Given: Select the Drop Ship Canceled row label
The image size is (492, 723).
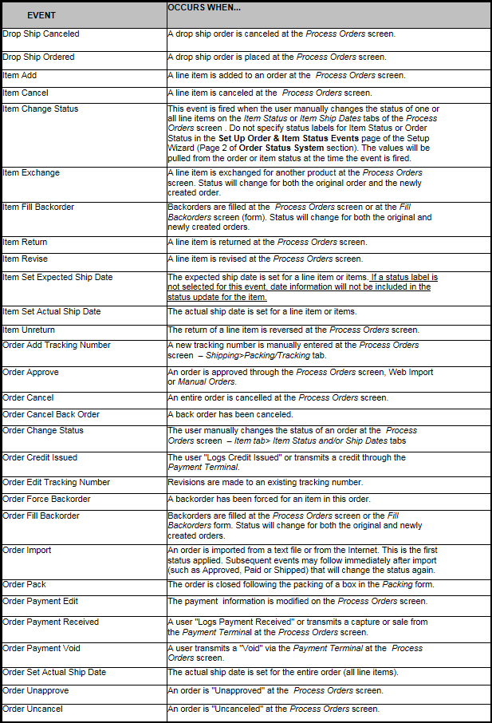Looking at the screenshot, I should click(x=41, y=34).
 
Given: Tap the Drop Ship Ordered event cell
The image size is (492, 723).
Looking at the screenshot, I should click(x=38, y=57).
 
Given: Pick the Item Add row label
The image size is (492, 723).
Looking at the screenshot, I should click(x=22, y=75).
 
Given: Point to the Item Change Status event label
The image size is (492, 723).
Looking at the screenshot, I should click(x=40, y=109).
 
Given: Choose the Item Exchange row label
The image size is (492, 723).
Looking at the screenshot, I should click(x=31, y=173).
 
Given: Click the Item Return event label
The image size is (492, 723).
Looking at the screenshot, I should click(x=25, y=242).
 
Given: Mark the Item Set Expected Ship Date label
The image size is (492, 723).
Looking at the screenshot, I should click(x=57, y=277).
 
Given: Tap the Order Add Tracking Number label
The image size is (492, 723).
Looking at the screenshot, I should click(x=57, y=345).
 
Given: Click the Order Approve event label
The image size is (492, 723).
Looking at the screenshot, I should click(x=30, y=372).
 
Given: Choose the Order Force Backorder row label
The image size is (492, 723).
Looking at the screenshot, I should click(x=46, y=499).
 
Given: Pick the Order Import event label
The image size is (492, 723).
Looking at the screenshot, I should click(x=27, y=550).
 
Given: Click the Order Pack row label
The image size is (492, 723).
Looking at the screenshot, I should click(x=25, y=584).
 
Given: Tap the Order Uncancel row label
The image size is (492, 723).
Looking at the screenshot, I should click(x=33, y=709).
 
